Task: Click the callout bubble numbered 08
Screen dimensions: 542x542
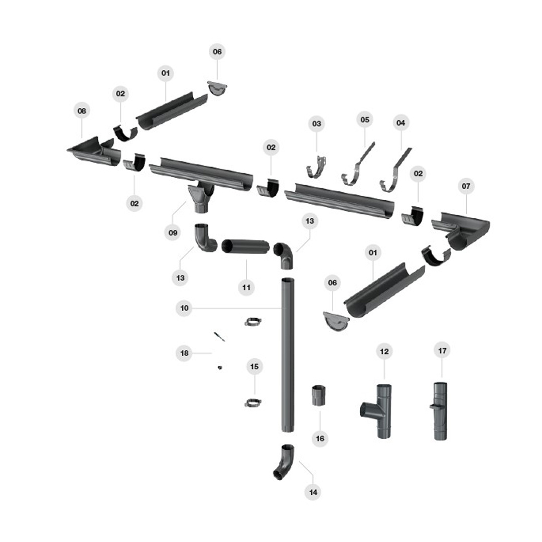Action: (82, 110)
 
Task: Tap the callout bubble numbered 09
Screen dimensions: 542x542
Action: (172, 232)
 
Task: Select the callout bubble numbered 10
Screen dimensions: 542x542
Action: (184, 308)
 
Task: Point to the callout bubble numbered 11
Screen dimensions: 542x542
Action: (246, 288)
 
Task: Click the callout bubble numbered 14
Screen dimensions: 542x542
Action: (313, 492)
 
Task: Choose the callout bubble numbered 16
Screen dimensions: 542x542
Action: (320, 438)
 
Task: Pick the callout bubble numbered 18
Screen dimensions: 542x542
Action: (184, 353)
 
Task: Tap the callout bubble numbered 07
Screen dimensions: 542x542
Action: (466, 186)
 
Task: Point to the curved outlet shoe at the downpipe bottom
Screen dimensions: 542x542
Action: (284, 461)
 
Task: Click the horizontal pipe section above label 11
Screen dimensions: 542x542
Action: (246, 246)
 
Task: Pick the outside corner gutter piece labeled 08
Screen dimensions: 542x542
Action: (94, 152)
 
